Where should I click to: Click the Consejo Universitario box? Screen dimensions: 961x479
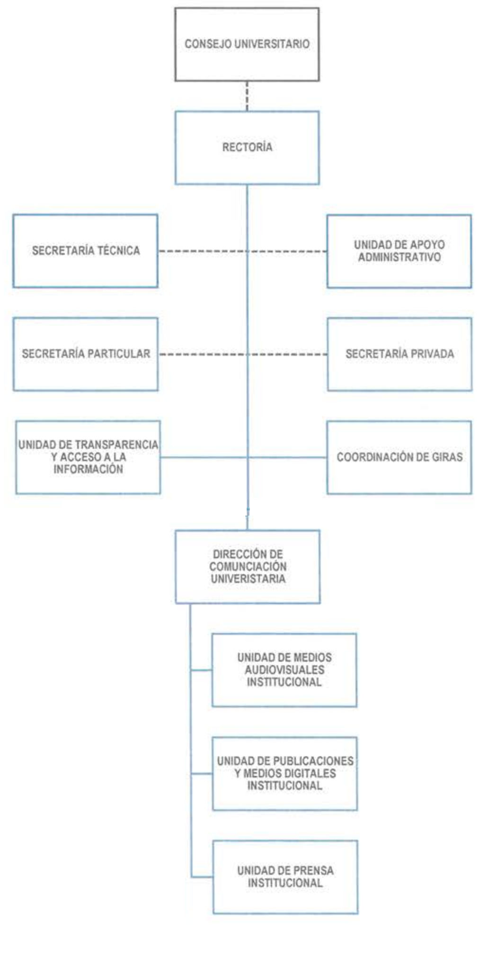click(x=247, y=44)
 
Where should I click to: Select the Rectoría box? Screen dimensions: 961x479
click(x=247, y=147)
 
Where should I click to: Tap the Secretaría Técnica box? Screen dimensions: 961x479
click(x=85, y=251)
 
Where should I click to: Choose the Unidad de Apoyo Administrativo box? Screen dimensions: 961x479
click(x=399, y=251)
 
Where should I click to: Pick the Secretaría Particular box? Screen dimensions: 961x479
click(x=85, y=354)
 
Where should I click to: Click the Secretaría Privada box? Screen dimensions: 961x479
click(x=399, y=354)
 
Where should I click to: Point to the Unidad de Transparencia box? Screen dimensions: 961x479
click(x=88, y=457)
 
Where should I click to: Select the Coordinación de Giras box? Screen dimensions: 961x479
click(x=399, y=457)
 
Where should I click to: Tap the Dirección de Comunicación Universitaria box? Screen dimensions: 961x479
click(x=248, y=566)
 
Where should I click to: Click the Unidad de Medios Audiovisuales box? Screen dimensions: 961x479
click(x=284, y=670)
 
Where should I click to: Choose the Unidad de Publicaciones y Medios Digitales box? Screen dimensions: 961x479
click(x=284, y=773)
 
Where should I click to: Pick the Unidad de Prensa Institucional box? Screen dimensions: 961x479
click(x=285, y=877)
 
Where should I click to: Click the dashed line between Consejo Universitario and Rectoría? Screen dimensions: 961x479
click(x=247, y=96)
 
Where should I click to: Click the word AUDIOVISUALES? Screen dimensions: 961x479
click(x=284, y=670)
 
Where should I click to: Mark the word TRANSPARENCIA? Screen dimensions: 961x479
click(x=116, y=445)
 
